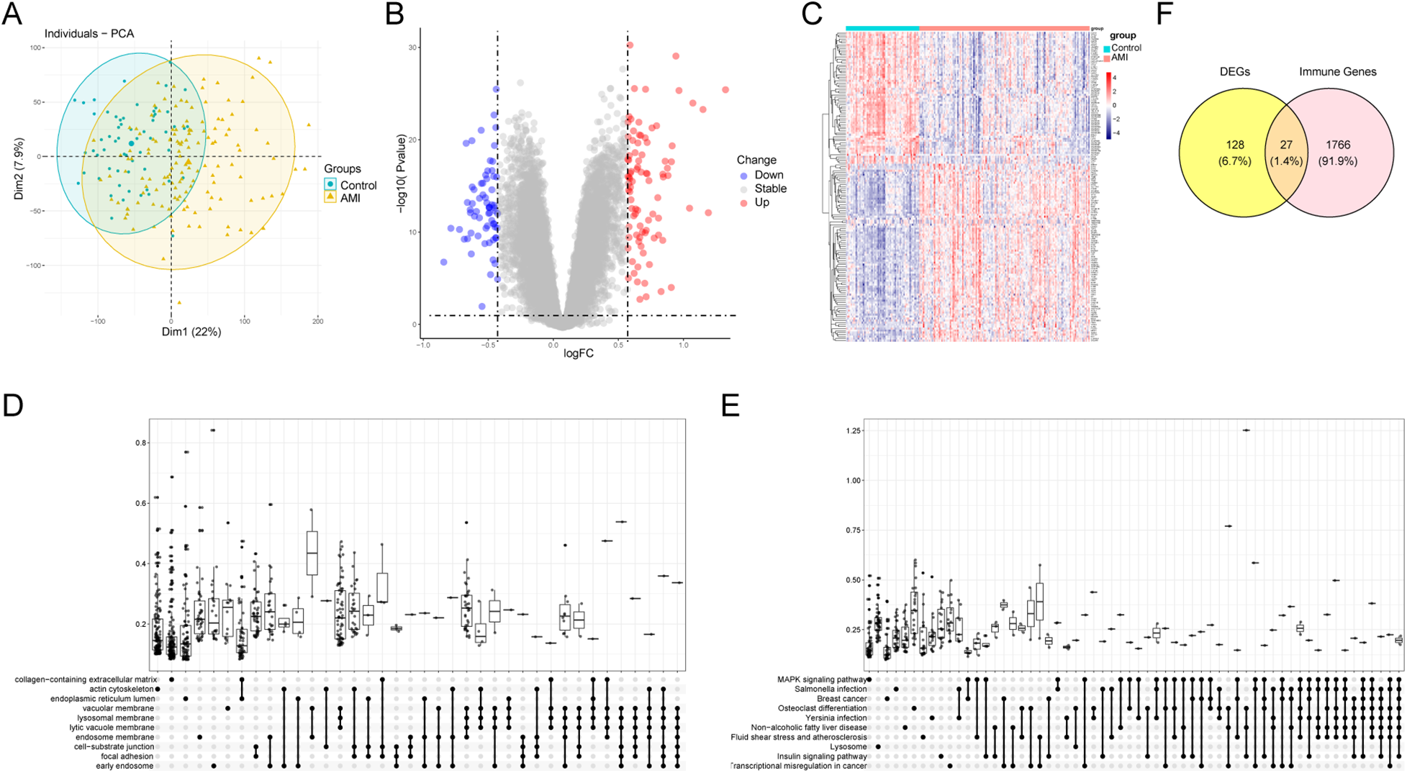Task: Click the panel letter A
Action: click(x=12, y=14)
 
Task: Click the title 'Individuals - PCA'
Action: click(x=89, y=34)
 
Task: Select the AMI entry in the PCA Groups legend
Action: click(x=350, y=198)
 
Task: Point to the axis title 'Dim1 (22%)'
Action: click(x=191, y=332)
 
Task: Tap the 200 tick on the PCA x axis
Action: click(x=317, y=321)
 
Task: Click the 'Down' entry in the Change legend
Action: click(x=769, y=175)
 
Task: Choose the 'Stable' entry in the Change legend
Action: click(x=770, y=189)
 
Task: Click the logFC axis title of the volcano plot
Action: click(x=578, y=353)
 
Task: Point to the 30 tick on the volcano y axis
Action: click(x=414, y=48)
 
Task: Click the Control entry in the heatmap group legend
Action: click(x=1126, y=48)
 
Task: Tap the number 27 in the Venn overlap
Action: click(x=1286, y=145)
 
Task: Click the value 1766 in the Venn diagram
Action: click(x=1338, y=145)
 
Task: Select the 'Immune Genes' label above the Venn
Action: click(x=1337, y=72)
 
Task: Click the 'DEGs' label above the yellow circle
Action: click(x=1235, y=72)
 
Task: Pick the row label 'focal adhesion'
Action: click(x=127, y=756)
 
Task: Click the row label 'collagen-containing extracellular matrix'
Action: click(x=86, y=679)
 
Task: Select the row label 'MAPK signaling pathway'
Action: click(x=821, y=679)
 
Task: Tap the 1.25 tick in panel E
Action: click(x=854, y=430)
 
